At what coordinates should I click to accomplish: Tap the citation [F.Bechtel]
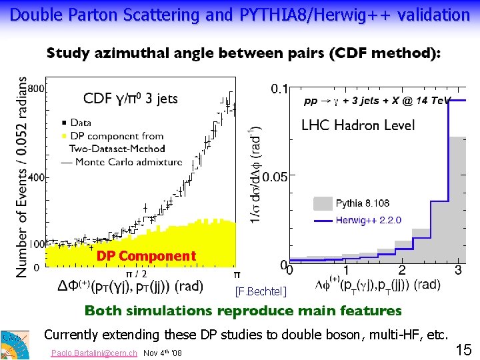coord(261,291)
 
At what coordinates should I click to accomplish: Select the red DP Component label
coord(146,256)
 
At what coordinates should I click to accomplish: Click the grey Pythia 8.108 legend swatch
coord(321,203)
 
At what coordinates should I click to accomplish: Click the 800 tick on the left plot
coord(37,88)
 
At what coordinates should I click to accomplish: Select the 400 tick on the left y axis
coord(37,177)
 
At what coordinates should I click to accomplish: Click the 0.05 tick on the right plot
coord(275,177)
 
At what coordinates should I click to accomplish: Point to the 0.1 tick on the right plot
coord(279,88)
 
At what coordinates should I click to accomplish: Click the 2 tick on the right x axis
coord(401,270)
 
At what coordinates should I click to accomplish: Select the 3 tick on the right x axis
coord(458,270)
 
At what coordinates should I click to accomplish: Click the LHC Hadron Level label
coord(358,125)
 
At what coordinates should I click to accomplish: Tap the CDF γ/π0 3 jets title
coord(130,99)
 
